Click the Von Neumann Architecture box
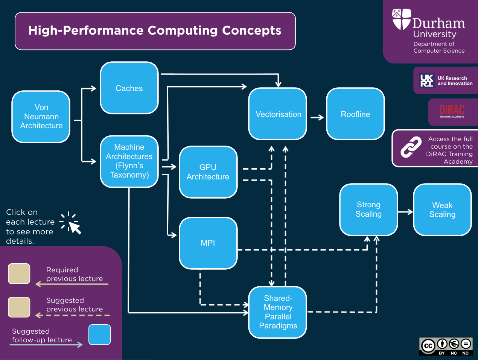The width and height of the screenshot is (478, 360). tap(41, 117)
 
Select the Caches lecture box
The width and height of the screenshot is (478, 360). tap(129, 88)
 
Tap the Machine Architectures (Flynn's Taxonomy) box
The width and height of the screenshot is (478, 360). tap(129, 161)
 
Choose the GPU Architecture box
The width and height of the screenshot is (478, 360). tap(208, 172)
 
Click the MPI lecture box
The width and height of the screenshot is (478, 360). tap(208, 243)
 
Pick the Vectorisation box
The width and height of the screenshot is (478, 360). tap(278, 114)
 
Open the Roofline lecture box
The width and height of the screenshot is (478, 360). tap(355, 114)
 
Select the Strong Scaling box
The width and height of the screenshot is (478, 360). tap(368, 210)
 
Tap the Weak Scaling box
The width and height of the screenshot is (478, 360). tap(442, 210)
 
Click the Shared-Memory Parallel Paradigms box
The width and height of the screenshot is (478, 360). tap(278, 312)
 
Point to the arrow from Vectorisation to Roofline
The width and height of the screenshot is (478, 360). tap(317, 117)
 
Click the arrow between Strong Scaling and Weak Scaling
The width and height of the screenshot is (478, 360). tap(405, 212)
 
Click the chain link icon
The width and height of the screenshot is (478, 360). tap(411, 147)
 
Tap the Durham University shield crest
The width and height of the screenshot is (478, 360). tap(401, 19)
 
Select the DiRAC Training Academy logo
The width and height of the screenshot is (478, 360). tap(452, 111)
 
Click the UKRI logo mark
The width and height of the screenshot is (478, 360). tap(426, 81)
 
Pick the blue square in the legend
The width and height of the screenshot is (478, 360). tap(100, 335)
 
